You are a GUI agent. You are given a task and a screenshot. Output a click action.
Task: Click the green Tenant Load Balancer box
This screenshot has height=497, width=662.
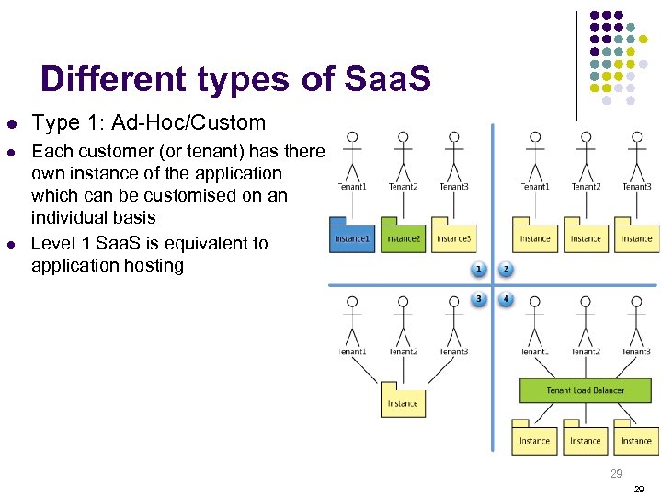click(585, 390)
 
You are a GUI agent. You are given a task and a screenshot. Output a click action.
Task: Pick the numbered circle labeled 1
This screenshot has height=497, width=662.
click(478, 270)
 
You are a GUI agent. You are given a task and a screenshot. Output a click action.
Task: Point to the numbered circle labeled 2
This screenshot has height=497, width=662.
click(506, 270)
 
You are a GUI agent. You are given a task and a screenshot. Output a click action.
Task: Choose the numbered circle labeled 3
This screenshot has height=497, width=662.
click(478, 299)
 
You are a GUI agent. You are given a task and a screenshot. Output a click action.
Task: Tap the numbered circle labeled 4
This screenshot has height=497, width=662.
click(506, 299)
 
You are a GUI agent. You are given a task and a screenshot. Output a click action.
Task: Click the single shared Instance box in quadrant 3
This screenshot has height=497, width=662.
click(403, 401)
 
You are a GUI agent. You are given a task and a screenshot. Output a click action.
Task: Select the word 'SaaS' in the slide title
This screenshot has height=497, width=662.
click(385, 80)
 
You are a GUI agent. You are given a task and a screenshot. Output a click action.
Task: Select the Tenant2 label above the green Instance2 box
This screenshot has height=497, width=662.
click(403, 187)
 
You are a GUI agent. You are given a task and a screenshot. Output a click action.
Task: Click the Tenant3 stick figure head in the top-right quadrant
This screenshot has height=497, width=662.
click(636, 137)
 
